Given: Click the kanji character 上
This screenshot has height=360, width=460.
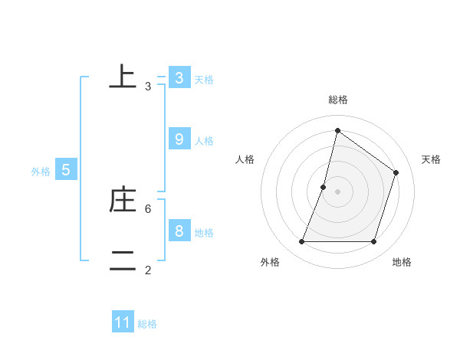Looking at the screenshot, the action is coord(123,77).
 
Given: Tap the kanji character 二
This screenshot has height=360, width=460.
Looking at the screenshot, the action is coord(123,260).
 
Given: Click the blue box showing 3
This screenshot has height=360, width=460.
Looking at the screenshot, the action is coord(179,78).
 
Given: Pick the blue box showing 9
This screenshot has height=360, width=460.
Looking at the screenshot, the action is coord(179,139).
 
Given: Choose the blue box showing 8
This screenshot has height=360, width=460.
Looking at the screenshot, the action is coord(179,231).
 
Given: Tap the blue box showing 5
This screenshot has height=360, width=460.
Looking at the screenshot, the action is coord(66,171).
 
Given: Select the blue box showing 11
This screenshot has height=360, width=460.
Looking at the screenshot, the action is coord(123,322).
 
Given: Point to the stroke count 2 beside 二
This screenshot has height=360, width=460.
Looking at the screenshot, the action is coord(148,270).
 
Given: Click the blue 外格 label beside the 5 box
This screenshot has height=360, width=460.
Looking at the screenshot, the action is coord(41,172).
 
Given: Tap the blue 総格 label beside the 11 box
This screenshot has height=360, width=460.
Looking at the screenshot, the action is coord(147,324).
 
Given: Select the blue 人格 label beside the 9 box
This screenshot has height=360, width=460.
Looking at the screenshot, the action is coord(204,141).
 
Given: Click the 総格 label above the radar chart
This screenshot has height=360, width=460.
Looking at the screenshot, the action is coord(337,100).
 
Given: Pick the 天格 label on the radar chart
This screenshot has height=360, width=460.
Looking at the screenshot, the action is coord(431,159).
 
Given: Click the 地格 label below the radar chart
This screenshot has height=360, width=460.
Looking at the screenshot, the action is coord(402,262).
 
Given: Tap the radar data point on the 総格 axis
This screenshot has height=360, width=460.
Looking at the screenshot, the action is coord(337,130).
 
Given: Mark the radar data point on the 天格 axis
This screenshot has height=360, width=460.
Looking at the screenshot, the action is coord(396,172).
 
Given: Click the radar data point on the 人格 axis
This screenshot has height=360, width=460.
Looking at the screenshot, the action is coord(324,187).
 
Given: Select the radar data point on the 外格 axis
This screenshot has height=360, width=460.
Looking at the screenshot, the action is coord(301,242).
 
